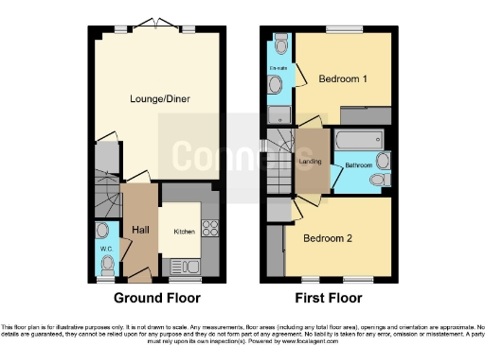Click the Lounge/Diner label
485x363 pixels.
[x=156, y=97]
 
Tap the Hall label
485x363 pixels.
[x=140, y=229]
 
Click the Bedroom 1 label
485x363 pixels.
[x=342, y=78]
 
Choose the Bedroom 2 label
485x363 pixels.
[x=328, y=238]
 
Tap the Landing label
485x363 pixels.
[x=310, y=163]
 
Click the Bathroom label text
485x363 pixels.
[x=358, y=165]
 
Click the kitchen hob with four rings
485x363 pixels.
[x=209, y=228]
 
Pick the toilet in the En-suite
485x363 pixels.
[x=280, y=45]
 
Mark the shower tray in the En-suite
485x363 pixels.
[x=279, y=114]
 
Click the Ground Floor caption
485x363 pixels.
[x=157, y=298]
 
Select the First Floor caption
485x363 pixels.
[x=330, y=298]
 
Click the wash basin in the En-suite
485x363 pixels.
[x=275, y=85]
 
